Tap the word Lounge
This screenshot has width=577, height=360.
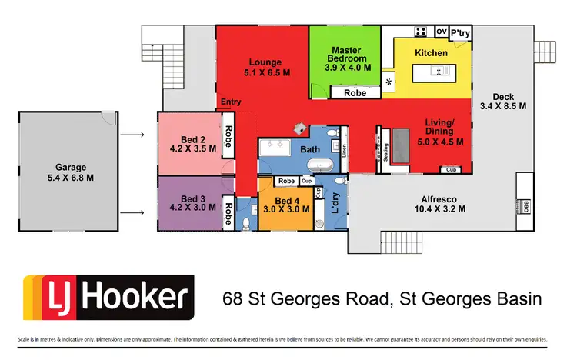[x=265, y=62]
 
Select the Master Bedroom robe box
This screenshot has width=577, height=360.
[x=355, y=92]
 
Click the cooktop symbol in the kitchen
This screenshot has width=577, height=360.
[x=421, y=32]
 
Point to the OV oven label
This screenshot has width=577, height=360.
[x=441, y=32]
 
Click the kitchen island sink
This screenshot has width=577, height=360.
[x=438, y=72]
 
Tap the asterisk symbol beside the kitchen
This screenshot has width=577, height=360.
[x=389, y=82]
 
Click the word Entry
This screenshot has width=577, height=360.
[x=230, y=102]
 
